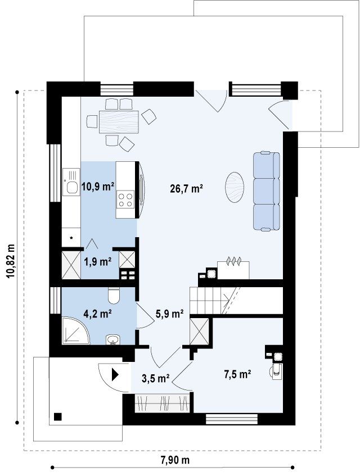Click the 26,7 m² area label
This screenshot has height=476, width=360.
(x=187, y=189)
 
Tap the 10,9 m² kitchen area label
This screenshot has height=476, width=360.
(x=98, y=186)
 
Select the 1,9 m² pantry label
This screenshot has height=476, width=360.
(x=97, y=261)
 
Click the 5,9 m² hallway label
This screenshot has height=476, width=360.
(x=169, y=313)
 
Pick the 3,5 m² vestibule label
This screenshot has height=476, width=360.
(x=156, y=378)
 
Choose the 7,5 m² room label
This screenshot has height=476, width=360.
(x=237, y=374)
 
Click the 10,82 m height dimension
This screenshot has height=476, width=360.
(x=11, y=256)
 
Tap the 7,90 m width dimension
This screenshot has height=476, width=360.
(x=175, y=460)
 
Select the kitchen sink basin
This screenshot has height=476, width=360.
(x=72, y=187)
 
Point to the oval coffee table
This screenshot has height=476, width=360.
(x=235, y=187)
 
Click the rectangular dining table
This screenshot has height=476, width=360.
(x=119, y=122)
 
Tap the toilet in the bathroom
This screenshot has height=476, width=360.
(x=114, y=295)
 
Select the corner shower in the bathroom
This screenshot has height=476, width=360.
(x=75, y=331)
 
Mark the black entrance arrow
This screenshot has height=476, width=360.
(x=115, y=374)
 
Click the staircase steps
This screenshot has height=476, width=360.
(x=209, y=301)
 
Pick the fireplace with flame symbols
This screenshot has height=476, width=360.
(x=233, y=270)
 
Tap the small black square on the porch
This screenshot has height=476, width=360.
(x=58, y=417)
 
